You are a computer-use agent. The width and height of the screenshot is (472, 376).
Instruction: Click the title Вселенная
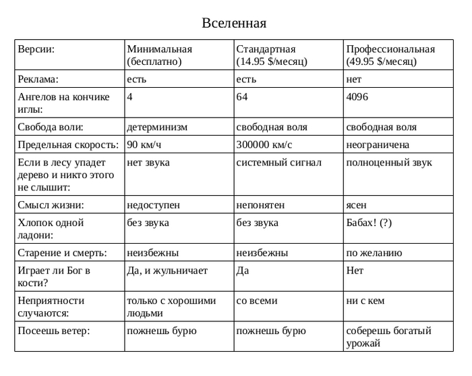[234, 24]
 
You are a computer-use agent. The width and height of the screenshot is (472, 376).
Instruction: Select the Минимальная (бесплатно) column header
[160, 55]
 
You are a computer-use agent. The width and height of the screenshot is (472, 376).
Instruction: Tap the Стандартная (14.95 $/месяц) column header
[272, 55]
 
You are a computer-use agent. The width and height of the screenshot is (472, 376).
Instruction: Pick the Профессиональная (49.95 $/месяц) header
[390, 55]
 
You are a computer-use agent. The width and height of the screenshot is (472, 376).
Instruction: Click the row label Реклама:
[38, 79]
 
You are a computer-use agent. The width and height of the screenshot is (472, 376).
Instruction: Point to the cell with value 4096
[357, 97]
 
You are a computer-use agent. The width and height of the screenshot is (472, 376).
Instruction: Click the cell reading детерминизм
[157, 127]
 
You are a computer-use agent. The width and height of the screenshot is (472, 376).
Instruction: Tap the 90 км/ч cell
[145, 144]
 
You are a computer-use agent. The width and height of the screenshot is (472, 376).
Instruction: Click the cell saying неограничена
[378, 144]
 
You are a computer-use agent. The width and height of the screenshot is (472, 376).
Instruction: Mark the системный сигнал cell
[279, 163]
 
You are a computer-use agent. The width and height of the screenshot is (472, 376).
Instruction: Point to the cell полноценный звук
[389, 163]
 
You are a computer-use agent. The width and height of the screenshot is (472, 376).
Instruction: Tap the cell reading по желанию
[374, 253]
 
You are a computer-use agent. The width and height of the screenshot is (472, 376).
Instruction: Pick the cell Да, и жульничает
[167, 271]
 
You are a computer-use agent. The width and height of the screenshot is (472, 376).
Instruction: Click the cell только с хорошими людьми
[171, 306]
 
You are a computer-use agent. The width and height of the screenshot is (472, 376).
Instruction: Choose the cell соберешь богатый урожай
[388, 337]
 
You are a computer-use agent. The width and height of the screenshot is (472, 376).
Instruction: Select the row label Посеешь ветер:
[54, 331]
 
